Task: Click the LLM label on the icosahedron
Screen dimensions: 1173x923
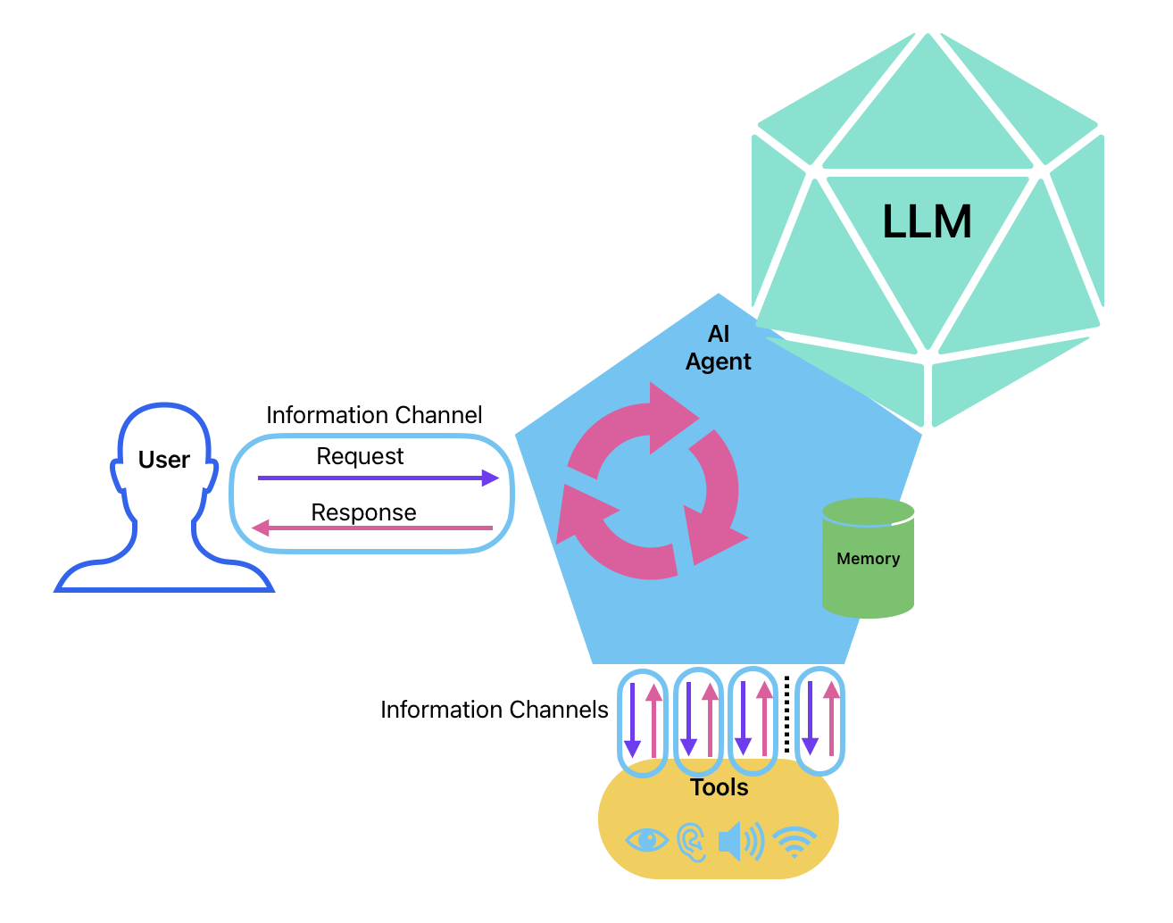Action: pos(927,221)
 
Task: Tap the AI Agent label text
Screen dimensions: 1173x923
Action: pos(719,347)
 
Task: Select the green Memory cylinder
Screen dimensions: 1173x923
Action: pos(868,559)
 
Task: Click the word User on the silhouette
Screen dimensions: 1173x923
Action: pos(164,460)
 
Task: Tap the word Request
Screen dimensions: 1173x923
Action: pos(360,456)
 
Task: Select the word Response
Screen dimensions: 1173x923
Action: pos(363,512)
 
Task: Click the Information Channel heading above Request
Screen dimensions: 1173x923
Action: pos(374,415)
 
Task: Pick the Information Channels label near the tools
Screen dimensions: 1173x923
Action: pos(494,710)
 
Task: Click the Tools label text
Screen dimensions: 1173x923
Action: pos(719,787)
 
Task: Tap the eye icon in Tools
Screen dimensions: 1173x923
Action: pos(647,840)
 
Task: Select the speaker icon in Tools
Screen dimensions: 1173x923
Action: pos(740,841)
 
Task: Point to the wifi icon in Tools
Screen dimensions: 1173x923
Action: pos(794,841)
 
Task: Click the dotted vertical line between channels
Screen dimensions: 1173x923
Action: pos(786,714)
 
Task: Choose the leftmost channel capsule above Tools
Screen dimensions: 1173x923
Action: pos(643,721)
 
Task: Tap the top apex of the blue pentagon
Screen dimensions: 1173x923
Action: pos(719,295)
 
